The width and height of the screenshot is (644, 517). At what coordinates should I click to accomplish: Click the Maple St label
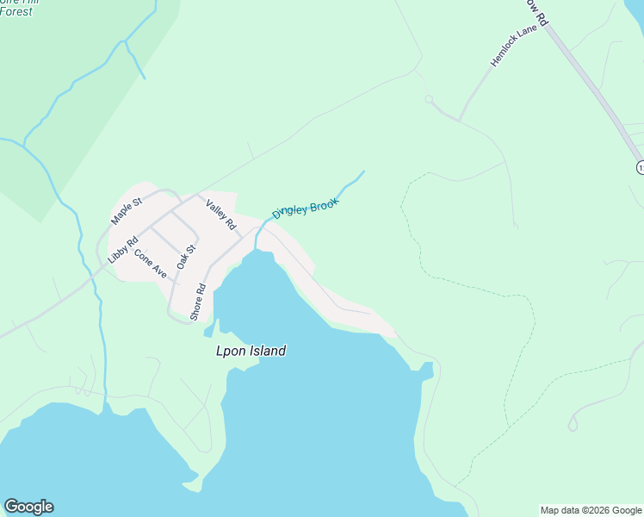(125, 209)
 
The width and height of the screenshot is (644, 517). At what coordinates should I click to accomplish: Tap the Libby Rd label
(122, 250)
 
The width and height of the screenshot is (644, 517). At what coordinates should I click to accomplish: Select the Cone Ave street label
(150, 263)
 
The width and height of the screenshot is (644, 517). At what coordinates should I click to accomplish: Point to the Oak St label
(186, 257)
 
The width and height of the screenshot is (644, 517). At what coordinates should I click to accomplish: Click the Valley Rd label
(220, 214)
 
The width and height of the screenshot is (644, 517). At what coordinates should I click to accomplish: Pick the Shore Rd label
(198, 302)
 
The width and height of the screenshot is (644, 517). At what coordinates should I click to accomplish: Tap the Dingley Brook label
(306, 209)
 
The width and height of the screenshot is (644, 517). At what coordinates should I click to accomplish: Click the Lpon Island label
(251, 352)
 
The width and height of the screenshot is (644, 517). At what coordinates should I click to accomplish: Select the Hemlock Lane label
(513, 46)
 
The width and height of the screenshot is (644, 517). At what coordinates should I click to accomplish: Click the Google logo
(28, 507)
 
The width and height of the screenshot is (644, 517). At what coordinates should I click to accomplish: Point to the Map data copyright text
(591, 510)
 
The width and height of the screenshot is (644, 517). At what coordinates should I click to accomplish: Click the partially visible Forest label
(17, 10)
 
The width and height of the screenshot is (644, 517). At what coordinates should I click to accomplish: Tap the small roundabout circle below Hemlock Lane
(429, 100)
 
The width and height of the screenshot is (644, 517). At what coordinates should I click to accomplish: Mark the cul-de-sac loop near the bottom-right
(573, 424)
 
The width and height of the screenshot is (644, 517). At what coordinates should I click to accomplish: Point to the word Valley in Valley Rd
(216, 209)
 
